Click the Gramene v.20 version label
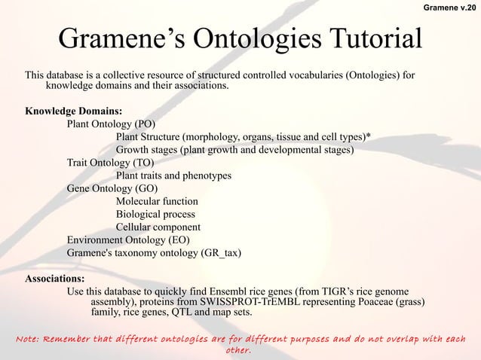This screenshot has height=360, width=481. [449, 8]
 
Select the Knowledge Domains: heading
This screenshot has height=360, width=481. [74, 111]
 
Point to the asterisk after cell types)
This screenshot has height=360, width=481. [367, 137]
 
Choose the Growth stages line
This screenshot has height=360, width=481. [234, 150]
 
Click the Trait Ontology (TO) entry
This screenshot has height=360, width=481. [110, 163]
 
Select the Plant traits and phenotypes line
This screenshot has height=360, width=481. [173, 175]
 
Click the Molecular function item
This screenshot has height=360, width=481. [157, 201]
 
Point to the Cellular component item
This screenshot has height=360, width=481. [158, 227]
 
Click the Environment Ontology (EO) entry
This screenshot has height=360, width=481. [128, 239]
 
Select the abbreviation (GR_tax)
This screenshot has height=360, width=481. [221, 252]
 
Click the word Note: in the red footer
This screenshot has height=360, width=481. [29, 338]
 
